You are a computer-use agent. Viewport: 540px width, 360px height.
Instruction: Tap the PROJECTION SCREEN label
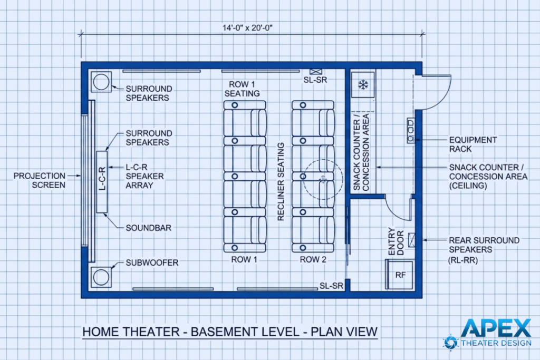[x=40, y=180]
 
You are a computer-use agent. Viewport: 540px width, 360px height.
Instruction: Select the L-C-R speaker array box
[x=102, y=182]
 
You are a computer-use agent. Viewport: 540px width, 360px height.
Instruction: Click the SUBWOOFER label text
[x=151, y=262]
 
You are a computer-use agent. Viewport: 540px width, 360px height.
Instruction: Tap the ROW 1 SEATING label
[x=243, y=89]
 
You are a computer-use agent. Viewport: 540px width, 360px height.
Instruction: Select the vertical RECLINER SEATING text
[x=281, y=182]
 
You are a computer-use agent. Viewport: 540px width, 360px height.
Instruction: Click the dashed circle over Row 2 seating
[x=322, y=180]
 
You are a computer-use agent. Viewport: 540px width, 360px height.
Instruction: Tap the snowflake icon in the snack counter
[x=363, y=84]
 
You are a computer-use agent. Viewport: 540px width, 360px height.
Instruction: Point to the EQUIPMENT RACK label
[x=472, y=144]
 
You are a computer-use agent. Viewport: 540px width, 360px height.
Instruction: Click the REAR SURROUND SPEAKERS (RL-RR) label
[x=484, y=249]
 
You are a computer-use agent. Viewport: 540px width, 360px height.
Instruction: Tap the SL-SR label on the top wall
[x=316, y=79]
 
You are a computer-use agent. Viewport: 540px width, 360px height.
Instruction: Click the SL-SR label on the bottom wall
[x=332, y=286]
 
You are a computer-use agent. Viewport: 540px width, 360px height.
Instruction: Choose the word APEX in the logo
[x=496, y=328]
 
